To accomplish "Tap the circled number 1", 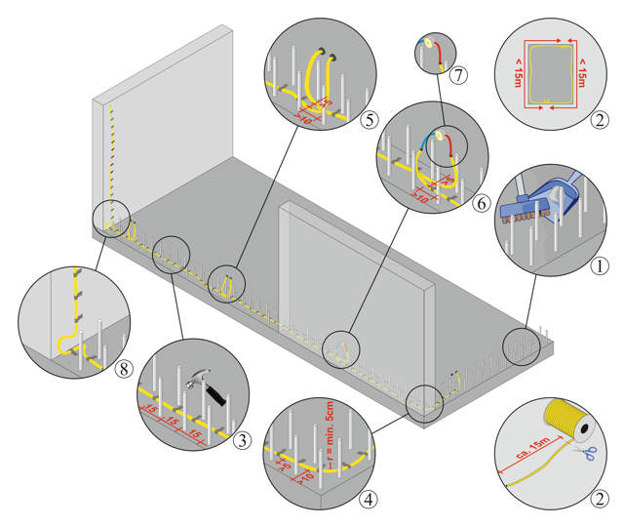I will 602,264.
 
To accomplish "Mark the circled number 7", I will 459,75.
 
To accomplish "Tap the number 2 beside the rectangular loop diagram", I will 603,122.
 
